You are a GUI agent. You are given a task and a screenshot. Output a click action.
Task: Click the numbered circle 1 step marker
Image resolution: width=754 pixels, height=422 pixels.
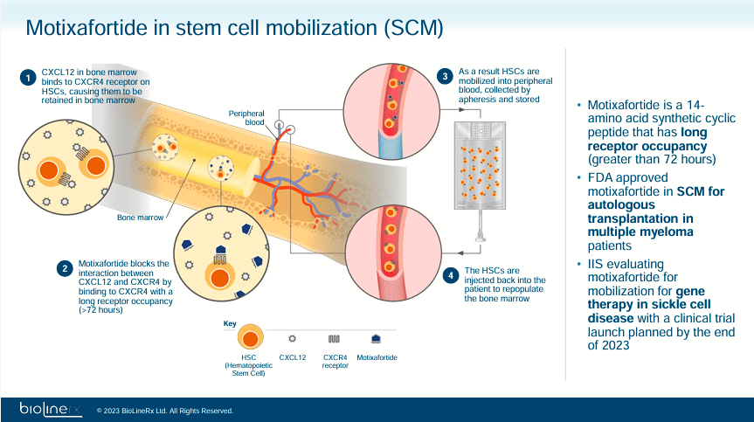tap(28, 78)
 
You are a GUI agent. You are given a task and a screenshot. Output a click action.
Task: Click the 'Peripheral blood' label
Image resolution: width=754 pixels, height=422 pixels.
tap(246, 118)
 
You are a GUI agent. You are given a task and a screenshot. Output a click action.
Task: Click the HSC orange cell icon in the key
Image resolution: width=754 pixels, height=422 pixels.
tap(251, 338)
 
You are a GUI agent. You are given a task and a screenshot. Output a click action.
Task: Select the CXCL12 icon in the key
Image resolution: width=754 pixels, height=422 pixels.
tap(293, 338)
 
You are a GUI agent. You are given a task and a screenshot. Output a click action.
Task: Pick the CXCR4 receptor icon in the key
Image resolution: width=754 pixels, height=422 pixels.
tap(335, 338)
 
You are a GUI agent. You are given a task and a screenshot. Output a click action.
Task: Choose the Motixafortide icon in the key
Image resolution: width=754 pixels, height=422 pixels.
tap(375, 338)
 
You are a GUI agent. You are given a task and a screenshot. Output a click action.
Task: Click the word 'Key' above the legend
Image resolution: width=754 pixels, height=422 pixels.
tap(230, 323)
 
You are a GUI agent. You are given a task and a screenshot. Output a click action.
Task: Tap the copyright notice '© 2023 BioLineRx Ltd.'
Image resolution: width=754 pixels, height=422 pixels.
tap(165, 410)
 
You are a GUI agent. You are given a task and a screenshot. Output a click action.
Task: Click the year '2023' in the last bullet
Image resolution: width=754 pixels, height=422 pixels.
tap(612, 345)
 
